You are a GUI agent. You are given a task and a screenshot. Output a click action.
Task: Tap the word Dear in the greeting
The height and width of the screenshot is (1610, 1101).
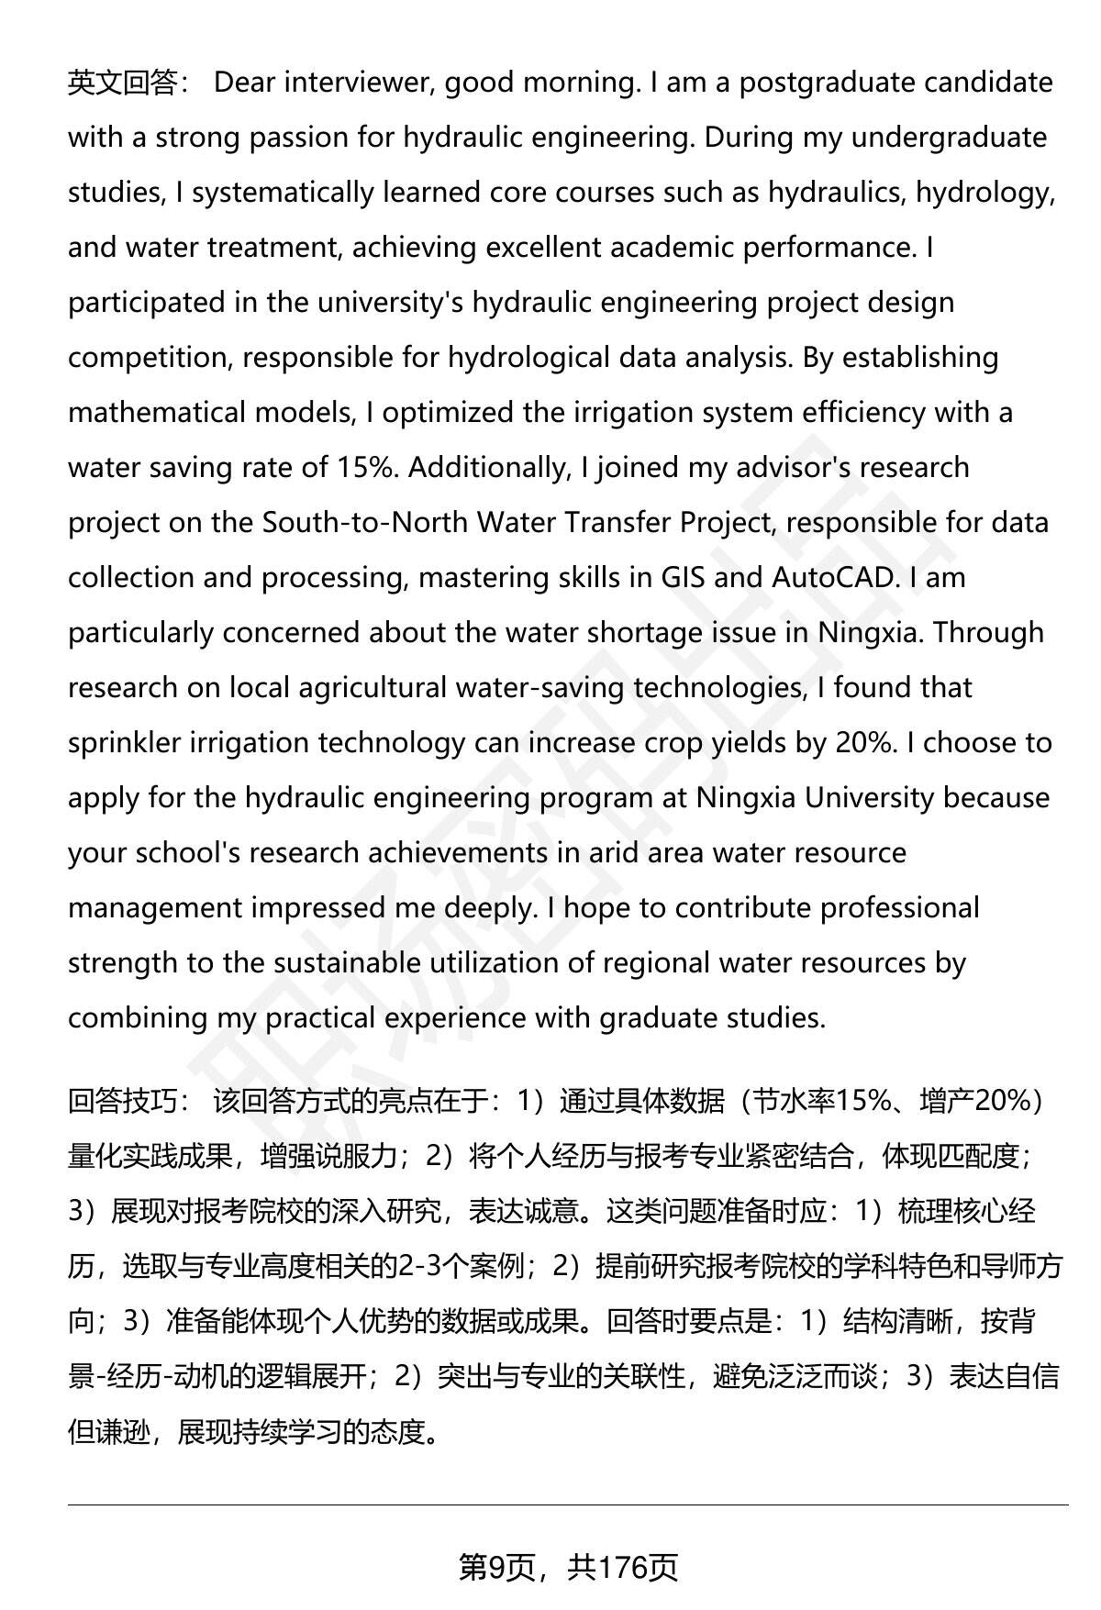pos(244,83)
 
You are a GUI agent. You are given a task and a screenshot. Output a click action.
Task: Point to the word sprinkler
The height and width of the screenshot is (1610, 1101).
pos(124,743)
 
